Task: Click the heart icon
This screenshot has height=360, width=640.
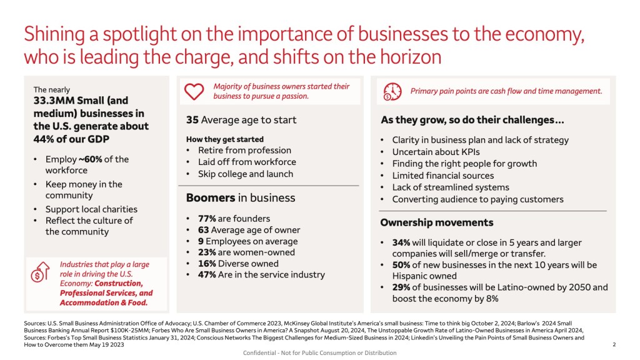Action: coord(194,91)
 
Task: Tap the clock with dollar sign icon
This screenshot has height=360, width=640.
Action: coord(392,91)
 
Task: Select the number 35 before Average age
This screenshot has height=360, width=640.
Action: coord(192,120)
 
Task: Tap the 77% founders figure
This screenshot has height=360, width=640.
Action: coord(207,218)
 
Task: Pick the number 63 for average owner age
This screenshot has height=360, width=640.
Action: coord(203,230)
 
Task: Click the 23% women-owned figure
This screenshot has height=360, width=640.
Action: coord(207,252)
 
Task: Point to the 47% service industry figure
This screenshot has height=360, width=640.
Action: coord(207,275)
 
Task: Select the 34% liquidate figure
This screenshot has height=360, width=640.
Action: coord(401,242)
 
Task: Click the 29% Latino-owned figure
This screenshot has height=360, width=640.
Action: coord(401,287)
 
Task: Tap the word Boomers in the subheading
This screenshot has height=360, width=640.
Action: coord(211,198)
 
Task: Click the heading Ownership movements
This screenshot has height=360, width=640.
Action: coord(437,222)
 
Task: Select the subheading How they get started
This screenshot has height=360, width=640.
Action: coord(225,139)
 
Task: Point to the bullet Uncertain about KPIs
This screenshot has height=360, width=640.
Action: coord(436,152)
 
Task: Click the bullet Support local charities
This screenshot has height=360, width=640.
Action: coord(91,209)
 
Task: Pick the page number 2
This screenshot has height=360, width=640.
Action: coord(614,344)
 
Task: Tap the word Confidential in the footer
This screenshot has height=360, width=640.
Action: coord(259,352)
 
